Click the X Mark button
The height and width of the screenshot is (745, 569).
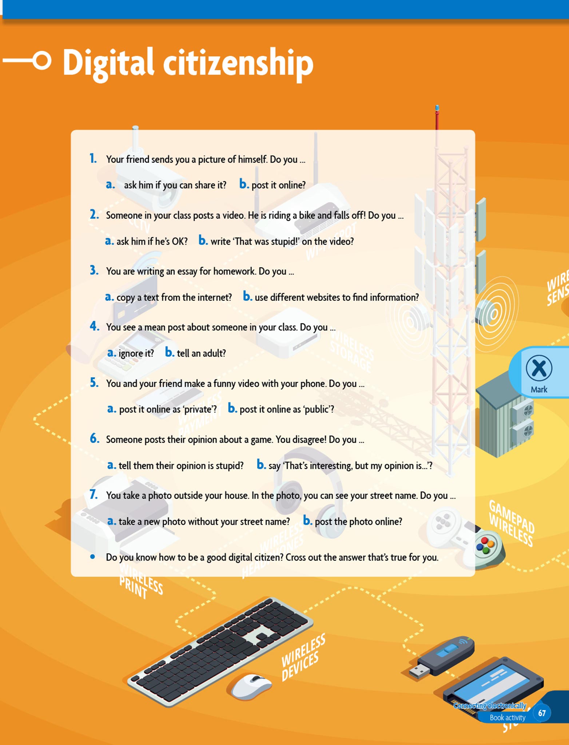(539, 372)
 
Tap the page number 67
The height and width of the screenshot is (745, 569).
(542, 713)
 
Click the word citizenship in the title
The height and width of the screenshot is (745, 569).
(238, 63)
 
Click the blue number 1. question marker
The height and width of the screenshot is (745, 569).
(93, 159)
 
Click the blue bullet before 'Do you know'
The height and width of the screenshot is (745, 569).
(93, 557)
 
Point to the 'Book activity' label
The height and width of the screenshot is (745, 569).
(508, 717)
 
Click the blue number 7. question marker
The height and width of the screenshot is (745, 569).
(93, 495)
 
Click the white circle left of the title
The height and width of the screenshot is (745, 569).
(42, 60)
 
